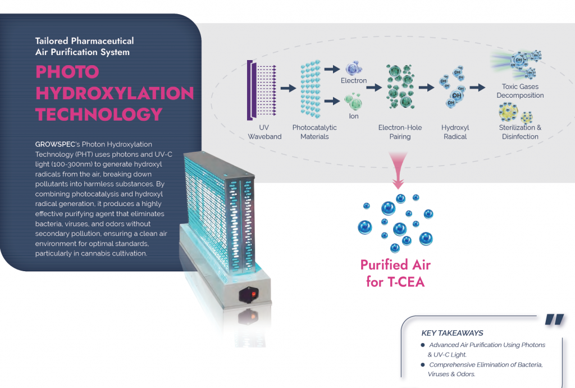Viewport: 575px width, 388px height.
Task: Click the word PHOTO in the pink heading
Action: pyautogui.click(x=67, y=71)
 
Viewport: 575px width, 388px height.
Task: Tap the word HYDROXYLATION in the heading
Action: pyautogui.click(x=115, y=93)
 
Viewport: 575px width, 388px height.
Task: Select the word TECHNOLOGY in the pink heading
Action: pyautogui.click(x=99, y=114)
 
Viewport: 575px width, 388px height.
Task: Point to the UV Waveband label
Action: pyautogui.click(x=264, y=132)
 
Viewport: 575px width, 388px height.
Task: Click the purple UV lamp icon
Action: pyautogui.click(x=251, y=89)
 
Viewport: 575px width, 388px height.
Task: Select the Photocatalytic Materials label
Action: pyautogui.click(x=314, y=132)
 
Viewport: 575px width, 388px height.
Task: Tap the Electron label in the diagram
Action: pyautogui.click(x=354, y=81)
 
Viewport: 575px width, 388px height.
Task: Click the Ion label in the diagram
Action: pyautogui.click(x=353, y=116)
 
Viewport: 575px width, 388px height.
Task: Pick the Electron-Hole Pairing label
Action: pyautogui.click(x=400, y=132)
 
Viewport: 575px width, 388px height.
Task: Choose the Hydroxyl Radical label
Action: pyautogui.click(x=455, y=132)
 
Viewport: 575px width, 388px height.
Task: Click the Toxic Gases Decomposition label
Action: pyautogui.click(x=520, y=91)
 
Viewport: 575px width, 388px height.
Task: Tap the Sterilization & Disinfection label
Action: pyautogui.click(x=521, y=132)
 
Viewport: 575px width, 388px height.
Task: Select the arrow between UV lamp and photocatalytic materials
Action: pyautogui.click(x=288, y=88)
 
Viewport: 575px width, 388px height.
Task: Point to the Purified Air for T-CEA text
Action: pyautogui.click(x=395, y=273)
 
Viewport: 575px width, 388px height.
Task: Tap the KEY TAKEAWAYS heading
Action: pyautogui.click(x=452, y=333)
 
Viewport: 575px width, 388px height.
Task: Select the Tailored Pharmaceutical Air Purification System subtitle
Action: pyautogui.click(x=84, y=47)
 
